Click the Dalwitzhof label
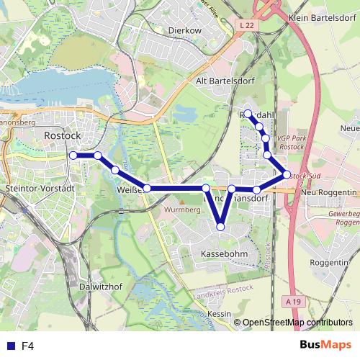(99, 286)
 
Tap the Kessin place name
(219, 315)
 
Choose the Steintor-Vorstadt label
(40, 188)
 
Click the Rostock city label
(63, 135)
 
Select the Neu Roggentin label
(329, 193)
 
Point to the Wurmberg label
(181, 210)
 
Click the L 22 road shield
(246, 25)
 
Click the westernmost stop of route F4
(73, 155)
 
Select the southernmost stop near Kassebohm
(220, 228)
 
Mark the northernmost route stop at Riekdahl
(248, 113)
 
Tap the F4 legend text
(28, 346)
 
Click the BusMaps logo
(325, 345)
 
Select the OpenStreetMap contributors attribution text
(297, 323)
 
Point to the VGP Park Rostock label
(291, 141)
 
